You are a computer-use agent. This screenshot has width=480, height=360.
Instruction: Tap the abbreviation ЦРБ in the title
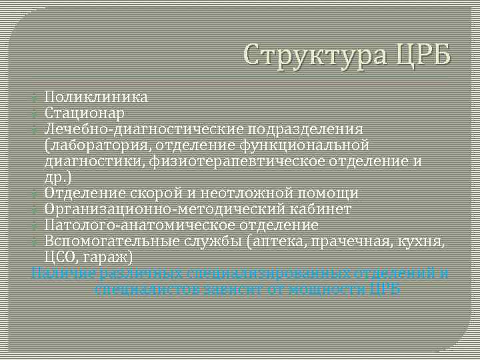coord(422,53)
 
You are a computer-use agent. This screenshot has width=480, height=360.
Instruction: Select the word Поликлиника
coord(96,97)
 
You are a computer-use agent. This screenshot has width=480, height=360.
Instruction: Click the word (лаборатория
coord(88,145)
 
